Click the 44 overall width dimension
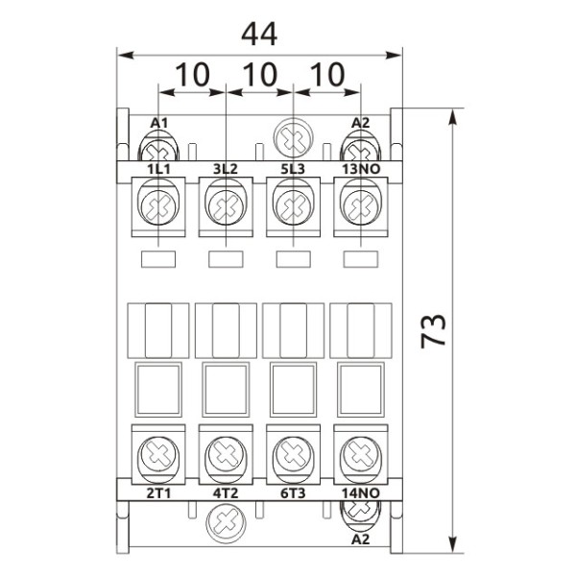click(x=259, y=34)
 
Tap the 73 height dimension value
click(x=434, y=332)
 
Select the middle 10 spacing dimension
click(x=259, y=74)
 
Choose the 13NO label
click(x=361, y=170)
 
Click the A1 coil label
click(x=159, y=123)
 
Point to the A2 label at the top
click(x=361, y=123)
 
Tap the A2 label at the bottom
click(x=361, y=539)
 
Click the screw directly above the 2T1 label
click(x=157, y=451)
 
